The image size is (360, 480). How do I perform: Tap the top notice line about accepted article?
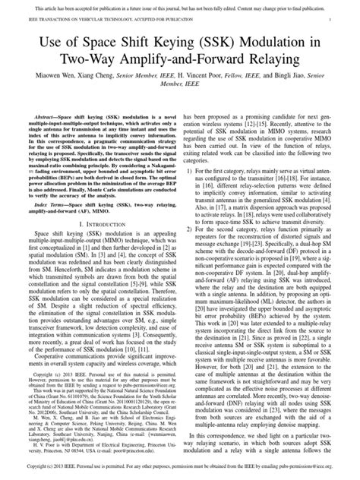[180, 5]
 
